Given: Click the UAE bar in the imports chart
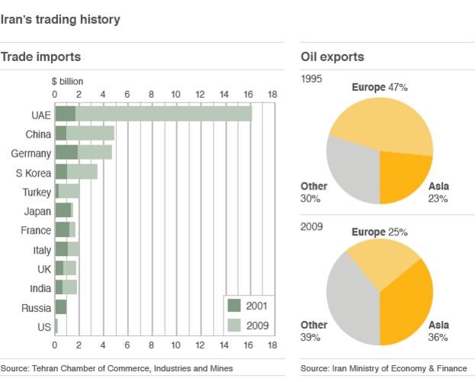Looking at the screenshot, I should point(153,114).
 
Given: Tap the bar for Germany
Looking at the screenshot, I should point(84,153).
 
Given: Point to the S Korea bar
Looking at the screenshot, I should point(76,172).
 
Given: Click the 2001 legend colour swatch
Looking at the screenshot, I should point(235,306).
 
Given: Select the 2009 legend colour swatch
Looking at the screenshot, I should point(235,326).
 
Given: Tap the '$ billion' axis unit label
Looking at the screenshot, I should point(67,81).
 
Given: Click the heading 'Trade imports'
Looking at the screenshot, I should point(40,57).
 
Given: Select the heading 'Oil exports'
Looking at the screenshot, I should point(332,57).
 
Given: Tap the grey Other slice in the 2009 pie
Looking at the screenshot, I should point(351,298).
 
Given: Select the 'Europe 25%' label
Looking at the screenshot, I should point(379,231).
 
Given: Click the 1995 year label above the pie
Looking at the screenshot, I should point(312,79).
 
